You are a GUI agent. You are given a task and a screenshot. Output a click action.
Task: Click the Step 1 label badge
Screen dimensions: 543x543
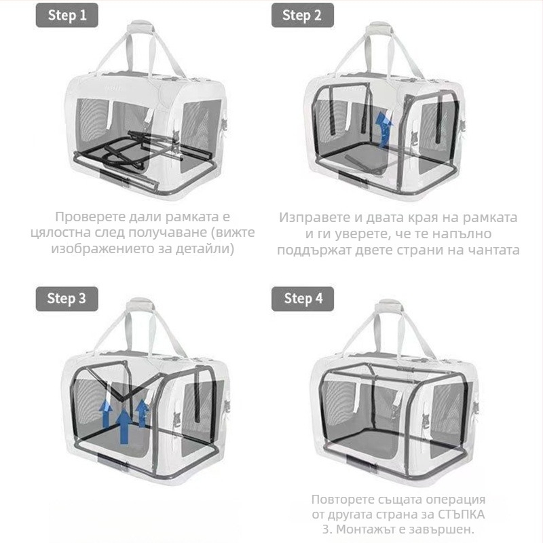click(67, 15)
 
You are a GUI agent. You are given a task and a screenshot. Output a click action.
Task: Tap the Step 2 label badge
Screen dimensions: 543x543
click(302, 15)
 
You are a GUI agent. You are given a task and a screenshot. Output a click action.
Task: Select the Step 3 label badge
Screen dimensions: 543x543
click(67, 299)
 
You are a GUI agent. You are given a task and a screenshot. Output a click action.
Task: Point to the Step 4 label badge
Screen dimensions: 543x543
click(302, 299)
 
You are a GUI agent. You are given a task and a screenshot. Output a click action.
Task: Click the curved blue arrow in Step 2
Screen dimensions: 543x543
click(383, 130)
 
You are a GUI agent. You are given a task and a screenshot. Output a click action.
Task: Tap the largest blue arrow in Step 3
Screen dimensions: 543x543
click(124, 426)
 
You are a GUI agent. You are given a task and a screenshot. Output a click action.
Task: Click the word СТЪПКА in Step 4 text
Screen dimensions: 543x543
click(461, 514)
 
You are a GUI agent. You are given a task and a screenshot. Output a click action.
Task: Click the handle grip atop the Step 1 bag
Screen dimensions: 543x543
click(141, 26)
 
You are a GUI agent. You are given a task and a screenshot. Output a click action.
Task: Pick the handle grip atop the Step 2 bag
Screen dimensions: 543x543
click(379, 29)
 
